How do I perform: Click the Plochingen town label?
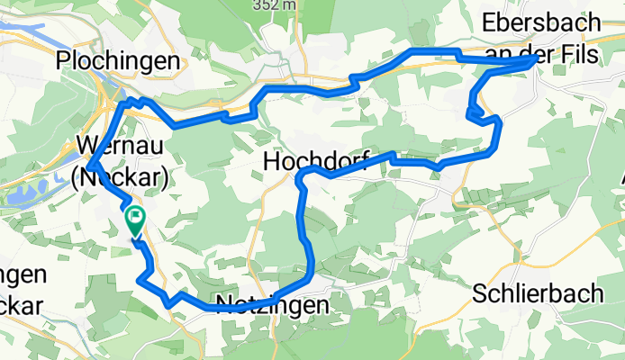point(117,60)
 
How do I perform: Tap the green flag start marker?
point(135,217)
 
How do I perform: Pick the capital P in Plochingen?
point(64,60)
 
